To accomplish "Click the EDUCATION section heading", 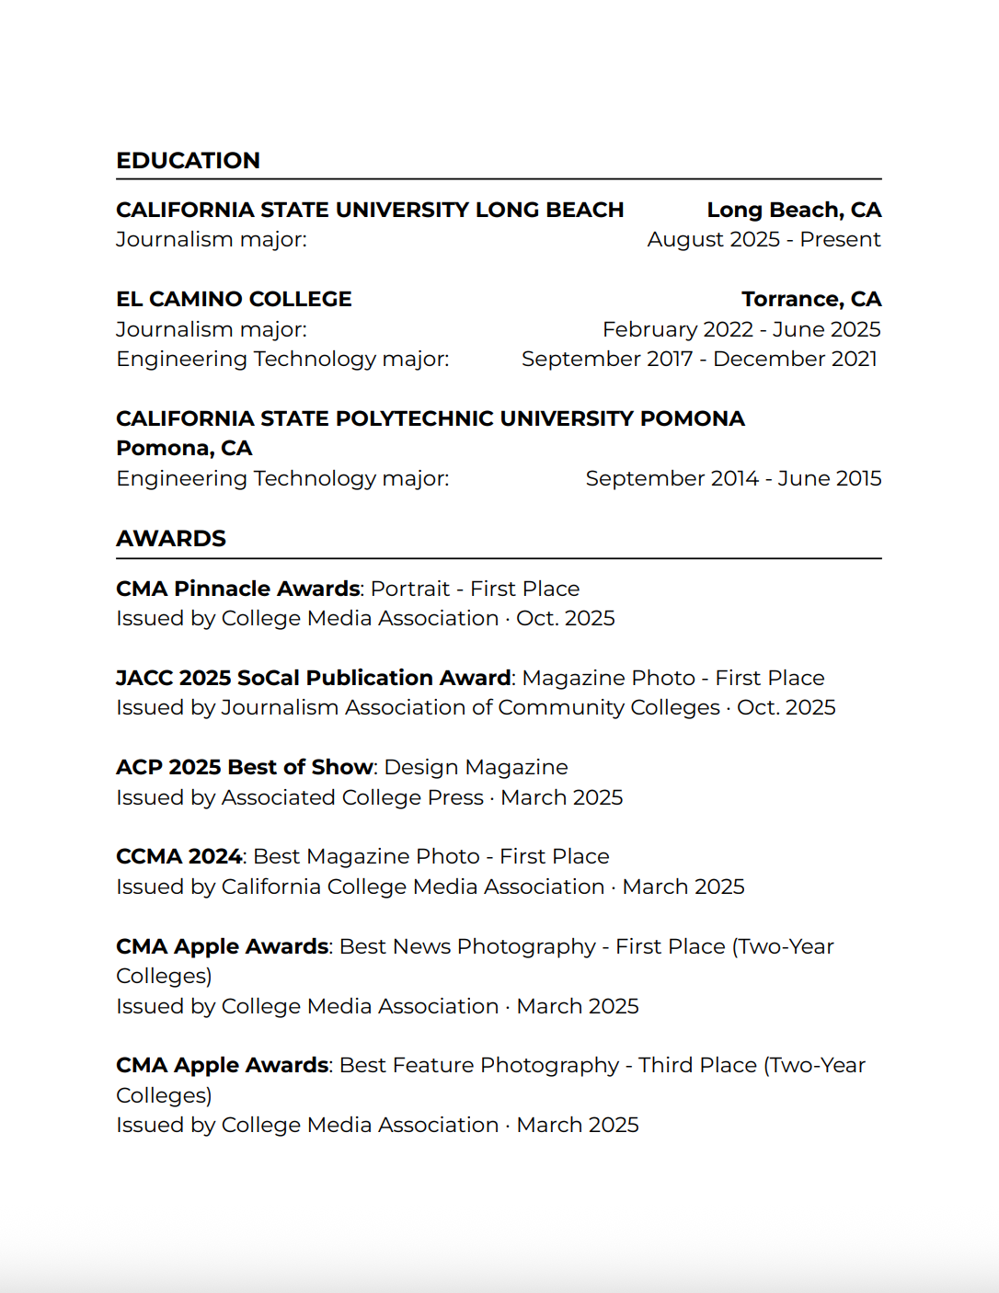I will pos(188,161).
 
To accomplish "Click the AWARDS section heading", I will pos(171,539).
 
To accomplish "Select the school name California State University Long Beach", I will pos(370,211).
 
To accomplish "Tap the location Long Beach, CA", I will pos(794,211).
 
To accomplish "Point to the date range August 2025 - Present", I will pos(764,240).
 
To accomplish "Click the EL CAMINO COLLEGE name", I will pos(234,300).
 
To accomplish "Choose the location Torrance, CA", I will pos(811,300).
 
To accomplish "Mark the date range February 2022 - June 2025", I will pos(741,329).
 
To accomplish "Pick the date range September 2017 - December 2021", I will pos(699,359).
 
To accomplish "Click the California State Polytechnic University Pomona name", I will pos(430,419).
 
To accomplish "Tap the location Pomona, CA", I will pos(184,449).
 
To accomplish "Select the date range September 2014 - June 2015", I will pos(733,479).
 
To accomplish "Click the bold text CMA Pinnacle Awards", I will pos(238,589).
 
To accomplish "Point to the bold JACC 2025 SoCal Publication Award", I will pos(314,678).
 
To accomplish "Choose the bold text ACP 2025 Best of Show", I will pos(245,767).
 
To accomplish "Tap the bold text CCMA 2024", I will pos(179,856).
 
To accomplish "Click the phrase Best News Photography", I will pos(467,946).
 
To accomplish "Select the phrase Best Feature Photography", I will pos(479,1065).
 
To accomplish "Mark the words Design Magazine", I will pos(476,767).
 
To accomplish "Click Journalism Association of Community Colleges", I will pos(470,707).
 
